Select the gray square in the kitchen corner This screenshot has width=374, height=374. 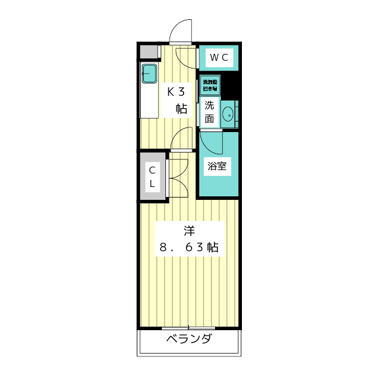150,51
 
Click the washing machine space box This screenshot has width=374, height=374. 210,85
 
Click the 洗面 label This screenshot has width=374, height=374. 209,112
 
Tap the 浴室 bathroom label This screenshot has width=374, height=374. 217,166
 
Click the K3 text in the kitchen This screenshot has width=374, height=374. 177,92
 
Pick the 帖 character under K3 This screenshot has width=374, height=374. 182,108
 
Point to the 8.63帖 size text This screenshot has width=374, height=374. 189,247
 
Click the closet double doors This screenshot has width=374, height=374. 178,175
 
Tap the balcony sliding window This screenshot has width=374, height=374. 189,327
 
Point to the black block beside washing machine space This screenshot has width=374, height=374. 230,86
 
